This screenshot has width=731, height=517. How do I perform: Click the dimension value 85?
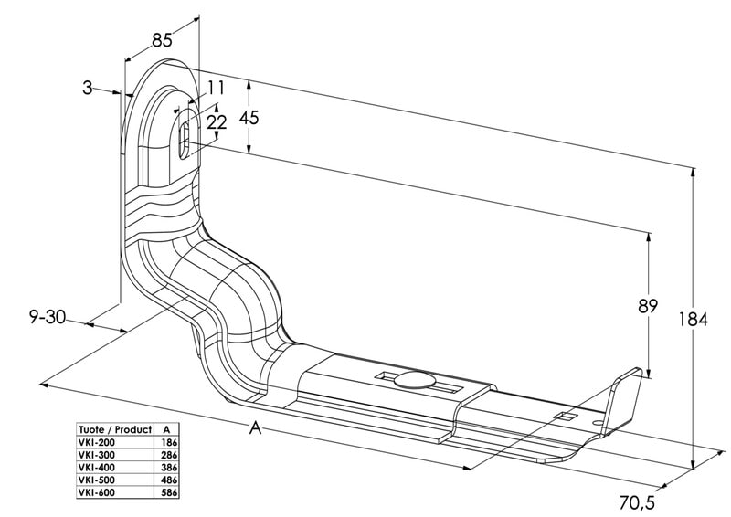[x=162, y=39]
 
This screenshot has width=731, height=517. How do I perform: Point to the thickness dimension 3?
[x=87, y=88]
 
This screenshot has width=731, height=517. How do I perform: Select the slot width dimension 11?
[x=216, y=88]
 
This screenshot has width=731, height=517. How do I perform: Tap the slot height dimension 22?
[x=217, y=121]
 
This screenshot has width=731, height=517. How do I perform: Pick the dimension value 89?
[x=648, y=306]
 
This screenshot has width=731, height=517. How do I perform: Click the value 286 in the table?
[x=168, y=454]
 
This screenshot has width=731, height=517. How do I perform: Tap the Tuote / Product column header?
[x=114, y=428]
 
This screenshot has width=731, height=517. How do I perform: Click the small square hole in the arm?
[x=565, y=417]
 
